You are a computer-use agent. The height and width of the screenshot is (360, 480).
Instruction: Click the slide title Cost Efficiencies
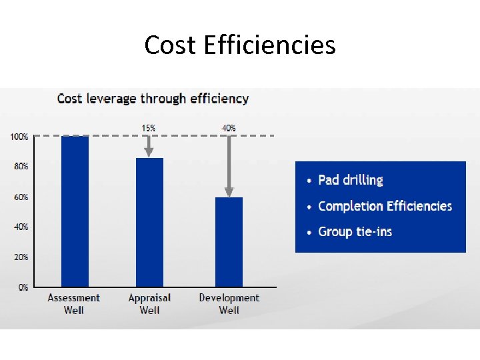point(240,45)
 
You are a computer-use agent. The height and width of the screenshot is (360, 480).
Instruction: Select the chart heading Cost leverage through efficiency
point(153,99)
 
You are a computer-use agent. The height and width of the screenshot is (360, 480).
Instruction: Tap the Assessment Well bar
point(75,211)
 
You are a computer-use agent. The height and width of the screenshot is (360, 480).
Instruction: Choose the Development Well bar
point(229,242)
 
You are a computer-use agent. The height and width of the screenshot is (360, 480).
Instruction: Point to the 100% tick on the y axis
point(19,137)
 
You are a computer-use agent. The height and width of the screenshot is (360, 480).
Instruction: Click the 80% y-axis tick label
point(21,166)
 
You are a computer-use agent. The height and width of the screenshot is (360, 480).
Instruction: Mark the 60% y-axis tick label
point(21,197)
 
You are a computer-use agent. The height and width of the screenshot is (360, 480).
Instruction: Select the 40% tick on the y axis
point(21,227)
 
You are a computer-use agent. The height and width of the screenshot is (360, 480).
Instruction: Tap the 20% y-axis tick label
point(21,257)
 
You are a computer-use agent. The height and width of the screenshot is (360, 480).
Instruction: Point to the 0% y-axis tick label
point(23,287)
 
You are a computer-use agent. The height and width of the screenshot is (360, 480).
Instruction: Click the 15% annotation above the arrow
point(149,127)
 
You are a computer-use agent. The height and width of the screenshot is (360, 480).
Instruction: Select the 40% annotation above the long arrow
point(229,127)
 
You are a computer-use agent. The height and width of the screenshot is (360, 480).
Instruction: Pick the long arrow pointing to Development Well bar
point(229,166)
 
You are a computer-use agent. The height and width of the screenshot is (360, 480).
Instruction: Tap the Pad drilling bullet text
point(351,180)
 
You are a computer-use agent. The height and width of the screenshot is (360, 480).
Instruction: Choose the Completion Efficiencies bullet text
point(385,206)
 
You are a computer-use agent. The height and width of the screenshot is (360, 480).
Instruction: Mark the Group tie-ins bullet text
point(355,232)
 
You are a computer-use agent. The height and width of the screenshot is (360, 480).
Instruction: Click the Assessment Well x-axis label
point(74,304)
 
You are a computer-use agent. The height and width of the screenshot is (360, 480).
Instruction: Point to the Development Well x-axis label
point(229,304)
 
